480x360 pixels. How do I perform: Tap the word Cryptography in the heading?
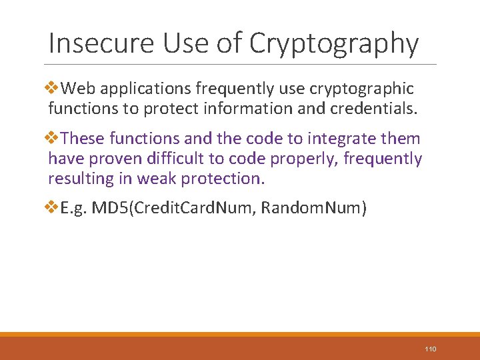click(x=334, y=44)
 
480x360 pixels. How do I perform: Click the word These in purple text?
click(x=83, y=139)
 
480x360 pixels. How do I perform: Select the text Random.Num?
click(x=311, y=209)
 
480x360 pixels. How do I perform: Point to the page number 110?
click(x=430, y=349)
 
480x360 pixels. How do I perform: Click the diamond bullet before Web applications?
click(x=54, y=88)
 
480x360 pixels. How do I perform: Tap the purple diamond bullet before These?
click(x=54, y=138)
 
